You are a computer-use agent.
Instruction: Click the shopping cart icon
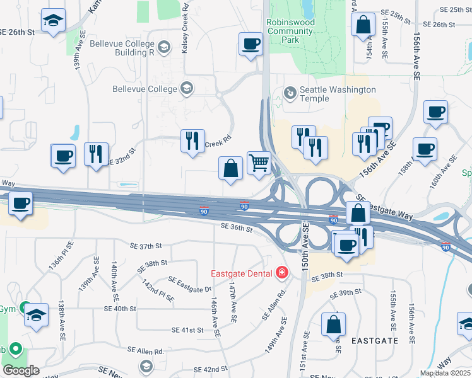point(259,163)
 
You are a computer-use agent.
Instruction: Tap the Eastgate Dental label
point(242,273)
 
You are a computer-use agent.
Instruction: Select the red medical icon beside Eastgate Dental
point(281,273)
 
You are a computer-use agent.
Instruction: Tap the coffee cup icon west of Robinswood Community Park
point(251,44)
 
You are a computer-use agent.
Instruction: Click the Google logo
point(21,370)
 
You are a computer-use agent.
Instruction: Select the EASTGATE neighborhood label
point(376,340)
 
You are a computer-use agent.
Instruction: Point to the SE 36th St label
point(237,229)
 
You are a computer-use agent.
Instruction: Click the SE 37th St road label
point(146,245)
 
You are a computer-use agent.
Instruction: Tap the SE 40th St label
point(120,309)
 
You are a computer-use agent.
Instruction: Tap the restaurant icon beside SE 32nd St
point(96,154)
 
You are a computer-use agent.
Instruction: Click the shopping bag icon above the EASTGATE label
point(333,324)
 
